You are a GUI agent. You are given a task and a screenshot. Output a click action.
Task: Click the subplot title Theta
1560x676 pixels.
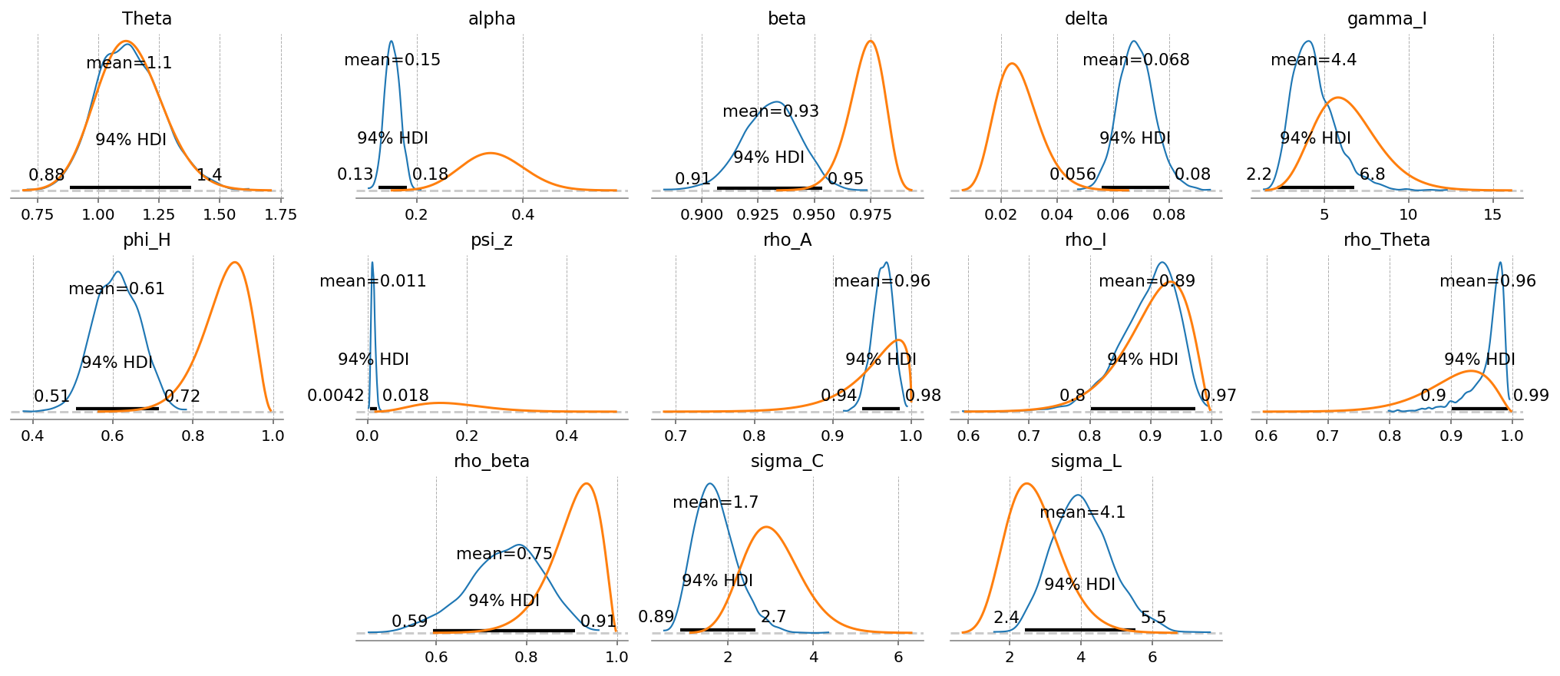(x=147, y=18)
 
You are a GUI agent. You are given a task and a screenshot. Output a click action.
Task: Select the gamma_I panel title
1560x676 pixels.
(x=1386, y=18)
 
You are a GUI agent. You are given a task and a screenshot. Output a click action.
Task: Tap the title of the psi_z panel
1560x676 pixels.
(x=491, y=240)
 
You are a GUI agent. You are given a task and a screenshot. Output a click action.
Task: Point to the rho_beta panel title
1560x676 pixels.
(x=491, y=461)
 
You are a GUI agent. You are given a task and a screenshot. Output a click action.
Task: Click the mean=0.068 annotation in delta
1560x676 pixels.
(x=1135, y=60)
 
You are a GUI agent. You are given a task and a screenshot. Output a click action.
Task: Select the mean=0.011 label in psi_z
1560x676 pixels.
(x=372, y=281)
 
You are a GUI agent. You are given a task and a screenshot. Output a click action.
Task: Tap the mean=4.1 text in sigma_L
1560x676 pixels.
(x=1082, y=512)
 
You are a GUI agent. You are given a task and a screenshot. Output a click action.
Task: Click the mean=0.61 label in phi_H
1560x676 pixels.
(x=117, y=289)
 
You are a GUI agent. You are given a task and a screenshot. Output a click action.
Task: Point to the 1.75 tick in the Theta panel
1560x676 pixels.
(x=280, y=215)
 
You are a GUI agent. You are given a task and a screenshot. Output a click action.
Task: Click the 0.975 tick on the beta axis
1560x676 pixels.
(x=871, y=215)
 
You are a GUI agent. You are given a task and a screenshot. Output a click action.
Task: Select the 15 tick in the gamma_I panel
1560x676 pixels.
(x=1492, y=215)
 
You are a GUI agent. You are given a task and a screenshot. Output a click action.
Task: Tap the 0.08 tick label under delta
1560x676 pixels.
(x=1169, y=215)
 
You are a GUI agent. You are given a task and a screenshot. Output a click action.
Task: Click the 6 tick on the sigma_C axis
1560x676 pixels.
(x=898, y=658)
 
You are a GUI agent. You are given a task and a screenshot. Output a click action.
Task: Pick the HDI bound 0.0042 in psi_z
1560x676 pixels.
(x=335, y=396)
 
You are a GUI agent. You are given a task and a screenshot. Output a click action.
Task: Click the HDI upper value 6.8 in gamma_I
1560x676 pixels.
(x=1372, y=174)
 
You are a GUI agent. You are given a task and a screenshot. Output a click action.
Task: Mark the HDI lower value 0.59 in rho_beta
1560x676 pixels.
(x=409, y=621)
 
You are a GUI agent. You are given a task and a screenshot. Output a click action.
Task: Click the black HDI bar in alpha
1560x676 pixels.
(x=392, y=187)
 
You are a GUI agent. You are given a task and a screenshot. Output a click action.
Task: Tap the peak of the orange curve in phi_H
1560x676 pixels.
(x=235, y=263)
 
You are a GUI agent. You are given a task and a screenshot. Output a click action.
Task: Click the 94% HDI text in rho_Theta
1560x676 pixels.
(x=1479, y=360)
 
